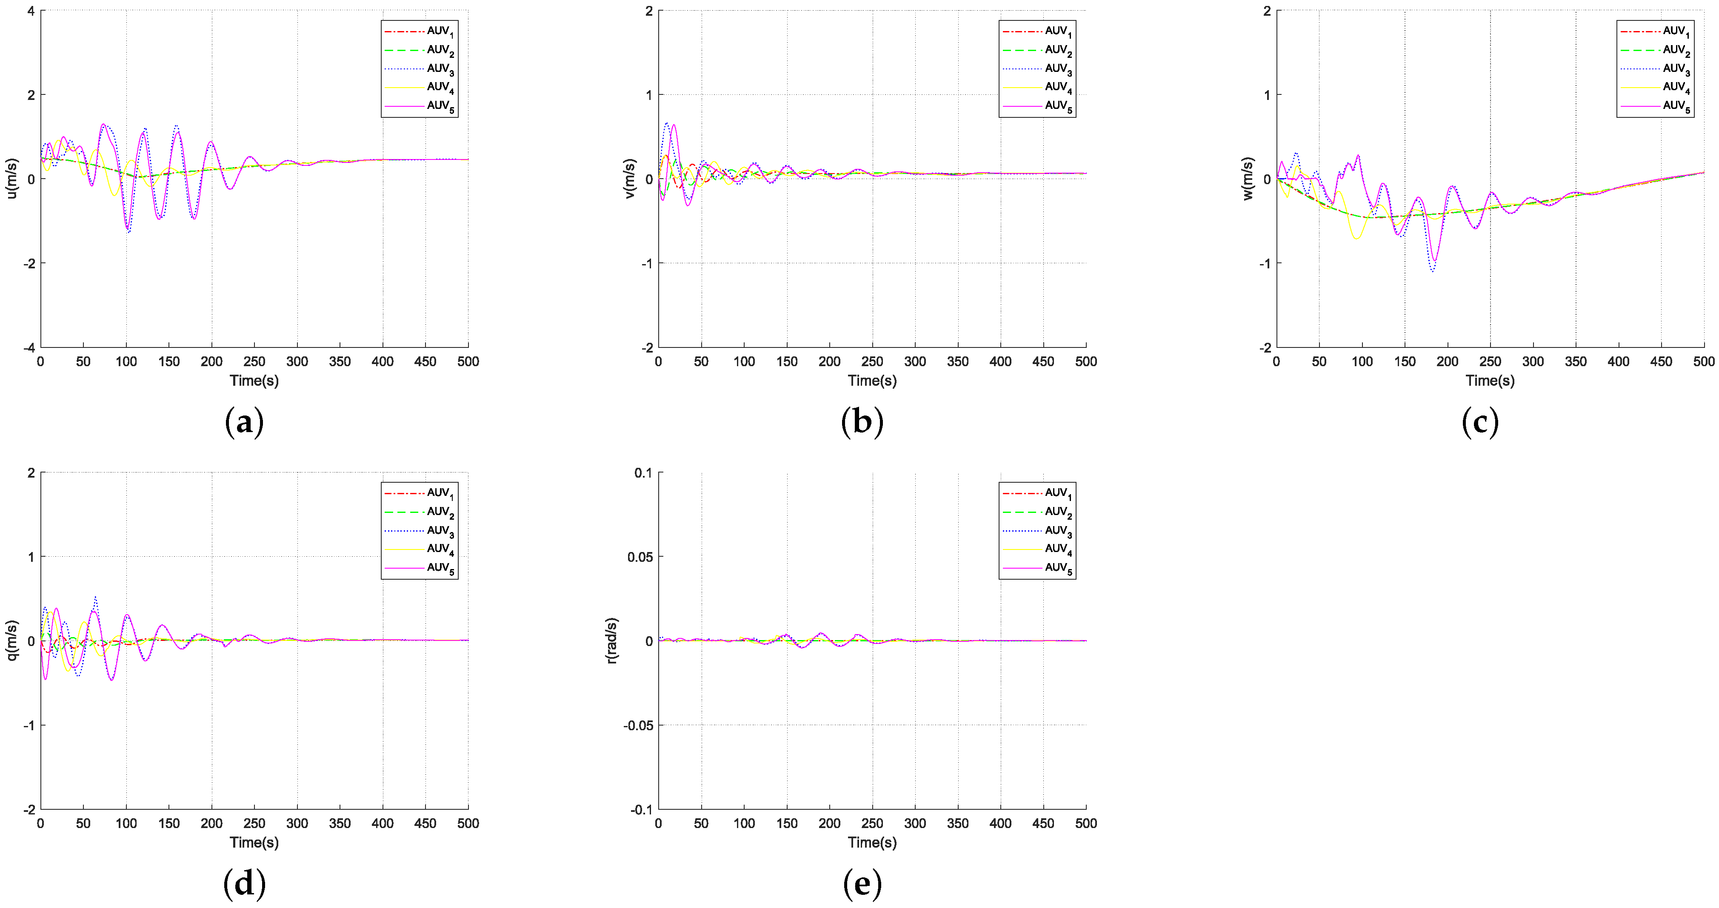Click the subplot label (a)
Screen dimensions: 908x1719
coord(244,421)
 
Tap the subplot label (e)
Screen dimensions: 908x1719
coord(862,884)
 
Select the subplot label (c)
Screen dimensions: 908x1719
coord(1480,421)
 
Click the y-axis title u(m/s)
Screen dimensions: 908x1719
coord(11,178)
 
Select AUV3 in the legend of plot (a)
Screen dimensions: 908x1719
coord(440,69)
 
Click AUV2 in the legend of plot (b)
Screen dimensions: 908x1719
coord(1058,50)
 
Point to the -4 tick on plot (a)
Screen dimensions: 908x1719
coord(29,347)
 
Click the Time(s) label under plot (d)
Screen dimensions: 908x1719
coord(254,843)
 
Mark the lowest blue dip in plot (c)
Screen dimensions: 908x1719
coord(1433,271)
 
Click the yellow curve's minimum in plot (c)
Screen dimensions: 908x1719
coord(1356,238)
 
